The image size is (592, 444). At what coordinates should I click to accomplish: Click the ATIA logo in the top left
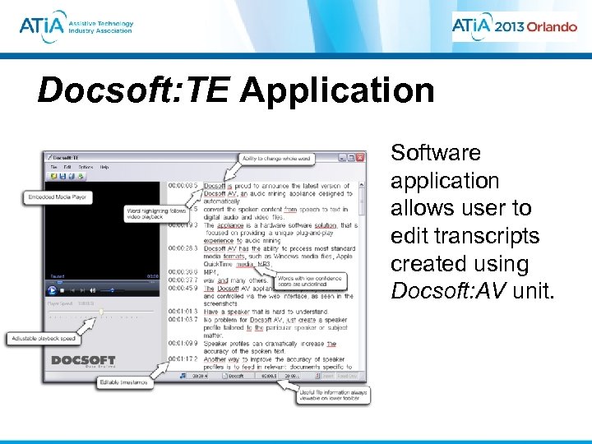[x=76, y=27]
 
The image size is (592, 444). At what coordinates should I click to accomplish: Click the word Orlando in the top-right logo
[x=541, y=26]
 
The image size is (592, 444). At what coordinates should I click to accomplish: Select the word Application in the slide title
[x=336, y=90]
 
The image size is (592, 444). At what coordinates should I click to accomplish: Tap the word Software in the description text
[x=436, y=153]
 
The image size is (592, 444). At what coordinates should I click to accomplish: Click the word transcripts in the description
[x=465, y=236]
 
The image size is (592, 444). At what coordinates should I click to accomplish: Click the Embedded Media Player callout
[x=58, y=197]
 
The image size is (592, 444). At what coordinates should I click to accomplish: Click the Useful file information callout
[x=333, y=395]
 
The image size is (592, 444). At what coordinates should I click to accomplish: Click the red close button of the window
[x=361, y=157]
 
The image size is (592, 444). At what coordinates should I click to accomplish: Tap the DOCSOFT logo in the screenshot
[x=83, y=361]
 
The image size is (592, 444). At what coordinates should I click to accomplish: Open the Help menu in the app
[x=104, y=167]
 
